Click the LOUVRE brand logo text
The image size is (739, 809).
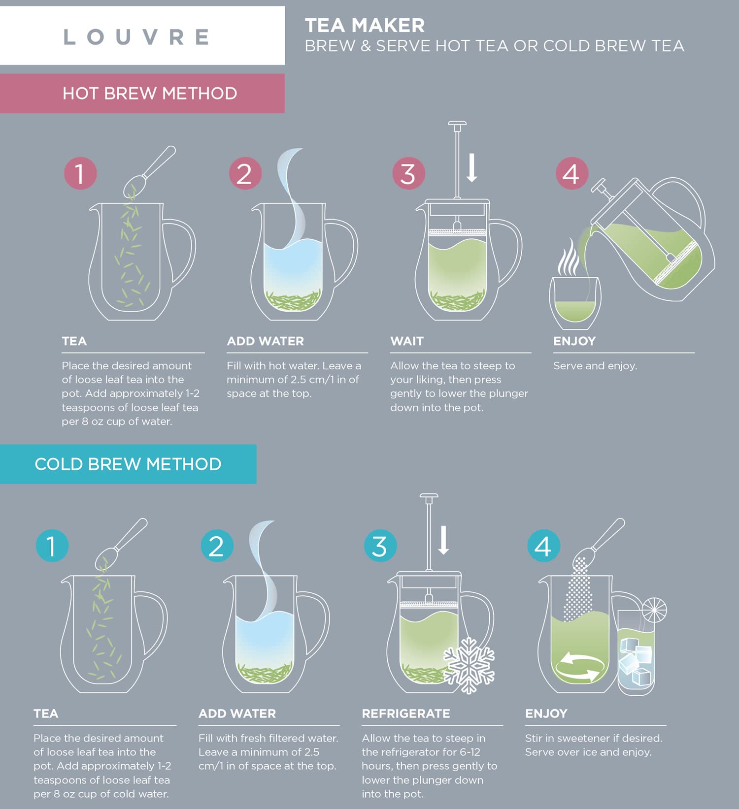click(x=137, y=37)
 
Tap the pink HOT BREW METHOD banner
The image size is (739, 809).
click(x=149, y=93)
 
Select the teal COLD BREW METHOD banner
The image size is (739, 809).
click(x=128, y=464)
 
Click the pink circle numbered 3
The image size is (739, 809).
click(x=408, y=173)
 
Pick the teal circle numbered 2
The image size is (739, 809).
click(x=217, y=546)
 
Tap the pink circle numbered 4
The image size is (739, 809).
click(x=571, y=173)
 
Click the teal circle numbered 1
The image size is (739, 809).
click(x=52, y=546)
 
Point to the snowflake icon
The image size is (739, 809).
click(x=469, y=665)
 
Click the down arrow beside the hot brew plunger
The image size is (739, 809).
click(x=471, y=168)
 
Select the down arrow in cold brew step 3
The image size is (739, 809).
click(x=443, y=540)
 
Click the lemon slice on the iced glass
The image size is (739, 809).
click(x=654, y=610)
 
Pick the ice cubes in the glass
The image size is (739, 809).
click(x=636, y=662)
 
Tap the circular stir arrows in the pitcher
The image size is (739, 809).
click(x=578, y=667)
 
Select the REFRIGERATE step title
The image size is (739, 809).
click(x=405, y=713)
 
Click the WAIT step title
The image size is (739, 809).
click(x=406, y=341)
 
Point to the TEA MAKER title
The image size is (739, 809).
click(x=365, y=25)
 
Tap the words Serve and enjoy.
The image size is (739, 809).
click(x=595, y=366)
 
